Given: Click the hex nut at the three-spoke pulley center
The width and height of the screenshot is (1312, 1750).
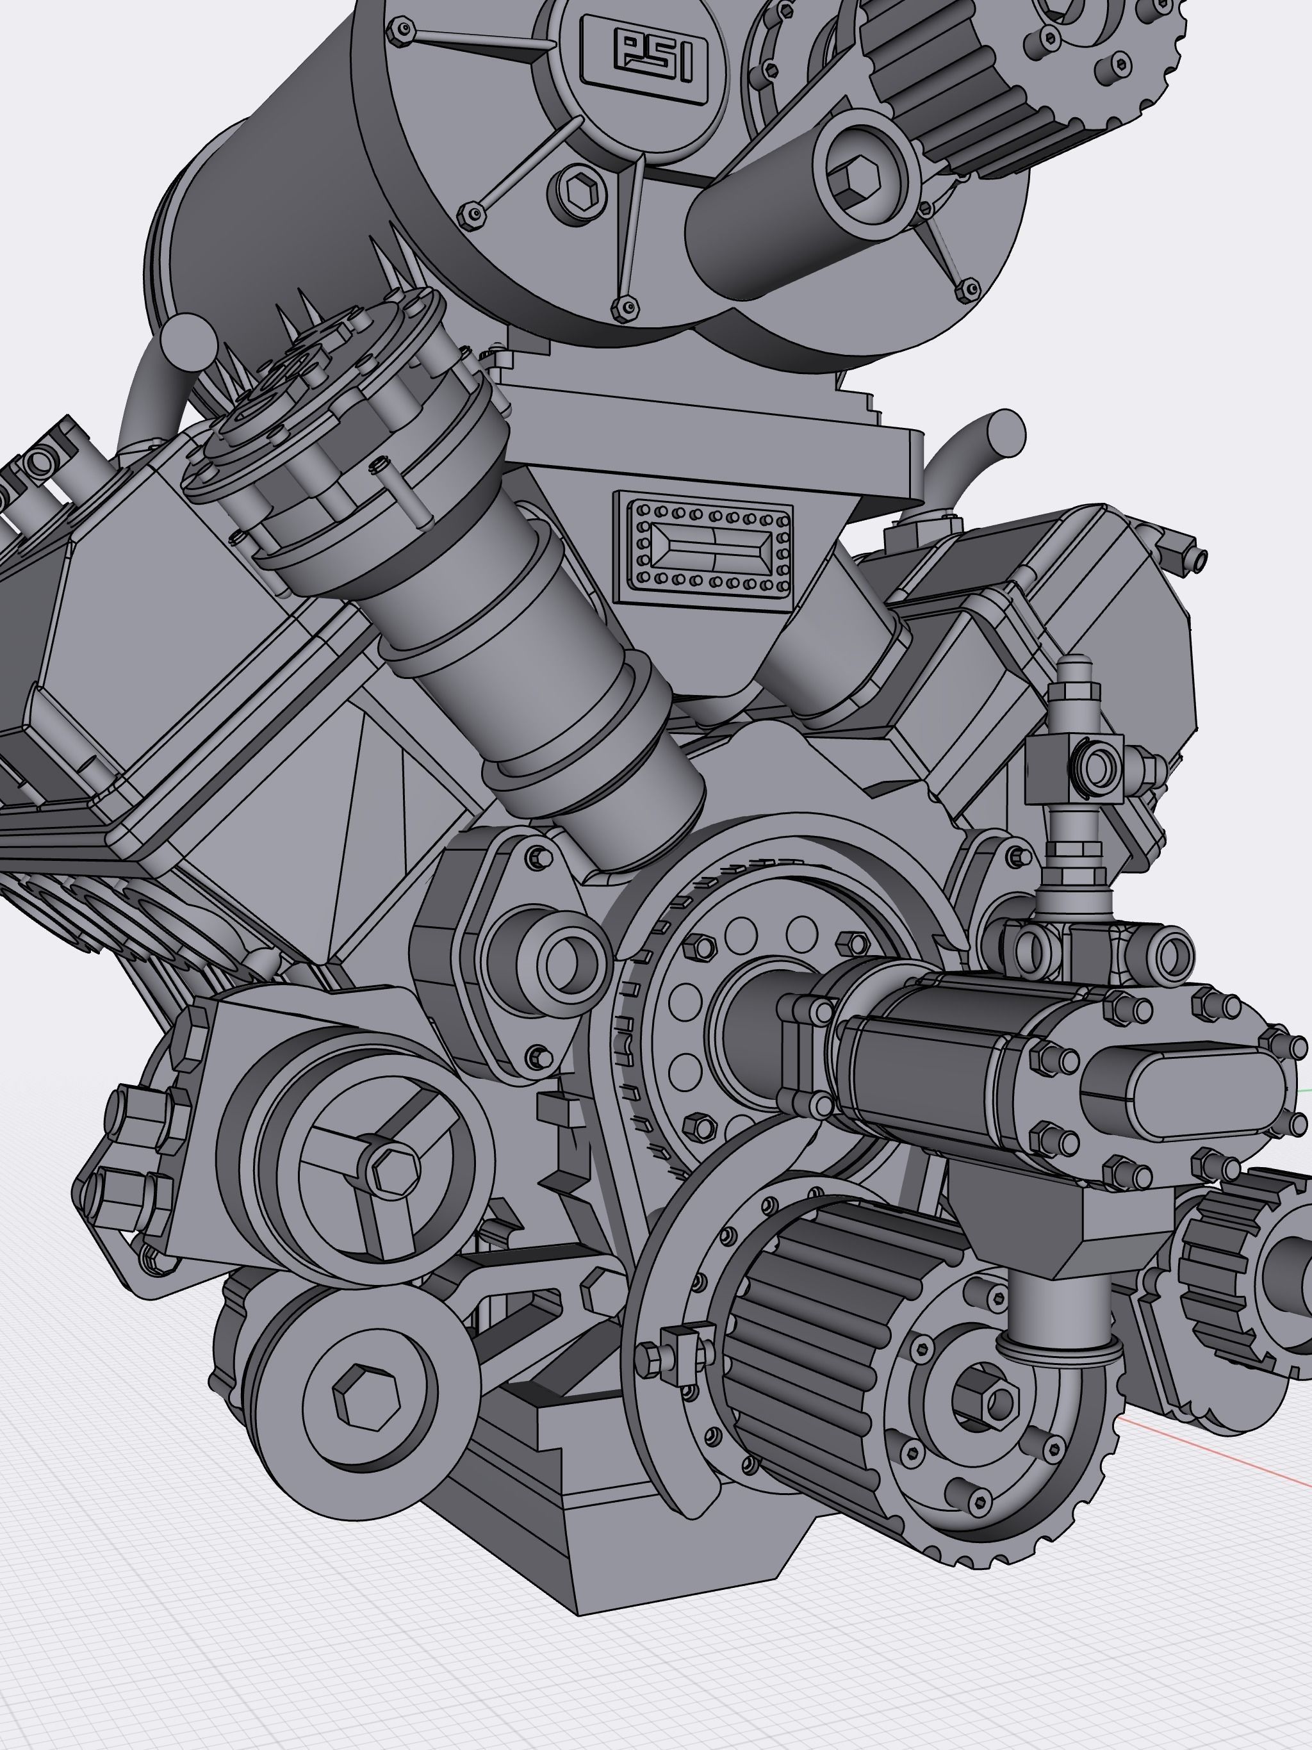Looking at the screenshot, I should pyautogui.click(x=393, y=1172).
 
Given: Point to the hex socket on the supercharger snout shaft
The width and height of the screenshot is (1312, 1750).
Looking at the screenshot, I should pyautogui.click(x=858, y=177).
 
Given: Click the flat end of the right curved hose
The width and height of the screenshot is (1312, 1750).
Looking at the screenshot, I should pyautogui.click(x=1003, y=431).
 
